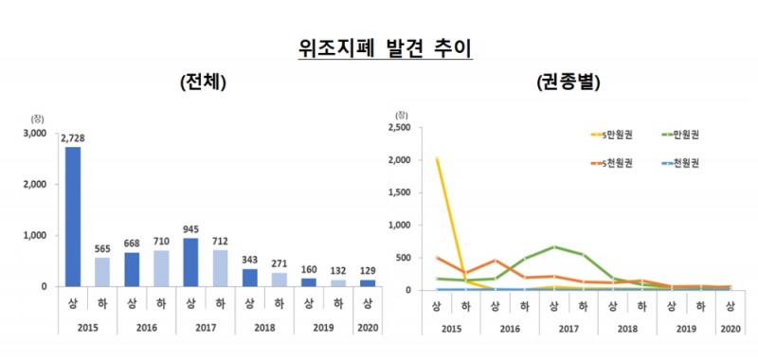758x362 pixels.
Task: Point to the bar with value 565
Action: [102, 271]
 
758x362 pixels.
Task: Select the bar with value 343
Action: [249, 277]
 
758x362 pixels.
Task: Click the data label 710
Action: [161, 242]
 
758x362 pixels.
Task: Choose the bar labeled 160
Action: [308, 281]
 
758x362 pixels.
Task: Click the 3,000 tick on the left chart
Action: [34, 134]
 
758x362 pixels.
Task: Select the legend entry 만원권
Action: [683, 134]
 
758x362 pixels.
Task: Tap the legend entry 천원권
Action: [683, 164]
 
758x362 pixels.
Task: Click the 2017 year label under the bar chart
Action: [205, 327]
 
